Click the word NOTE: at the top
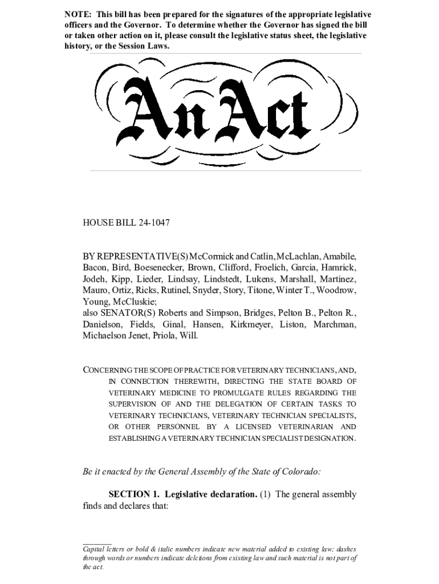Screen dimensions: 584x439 click(78, 14)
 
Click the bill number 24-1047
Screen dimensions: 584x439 click(153, 222)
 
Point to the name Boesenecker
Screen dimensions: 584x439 click(159, 267)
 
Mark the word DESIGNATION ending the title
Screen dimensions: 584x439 click(328, 439)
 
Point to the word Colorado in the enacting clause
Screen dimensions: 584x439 click(300, 472)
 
